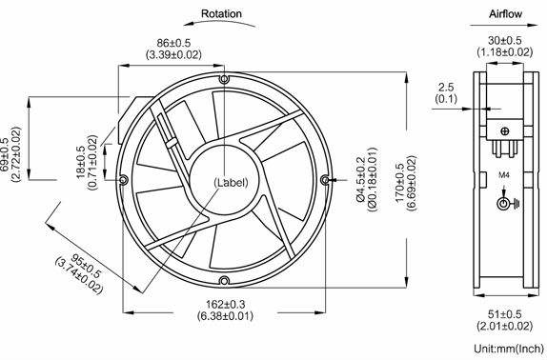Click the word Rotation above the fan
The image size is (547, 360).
pyautogui.click(x=221, y=14)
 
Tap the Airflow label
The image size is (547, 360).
pyautogui.click(x=505, y=14)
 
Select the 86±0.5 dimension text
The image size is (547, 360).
pyautogui.click(x=173, y=43)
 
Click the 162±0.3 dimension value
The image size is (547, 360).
pyautogui.click(x=225, y=305)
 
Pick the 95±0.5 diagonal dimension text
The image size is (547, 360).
pyautogui.click(x=86, y=267)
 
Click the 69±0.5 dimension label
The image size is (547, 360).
pyautogui.click(x=5, y=154)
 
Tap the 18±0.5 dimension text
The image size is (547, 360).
pyautogui.click(x=81, y=163)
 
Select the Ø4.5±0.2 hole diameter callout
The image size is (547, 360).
pyautogui.click(x=361, y=179)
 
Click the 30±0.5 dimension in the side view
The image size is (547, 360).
pyautogui.click(x=505, y=40)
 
